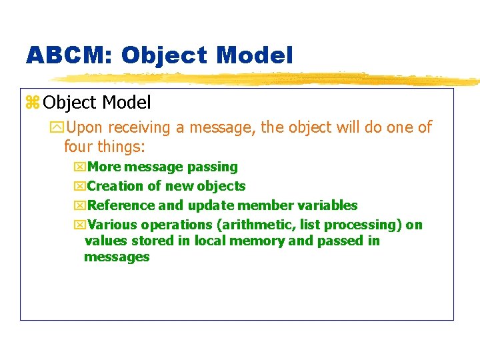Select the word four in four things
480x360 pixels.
click(x=79, y=146)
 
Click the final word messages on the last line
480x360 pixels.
click(x=117, y=257)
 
